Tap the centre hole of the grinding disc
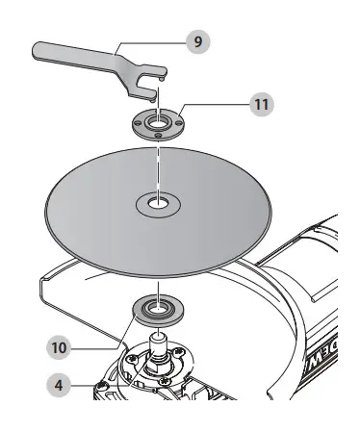[x=154, y=203]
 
